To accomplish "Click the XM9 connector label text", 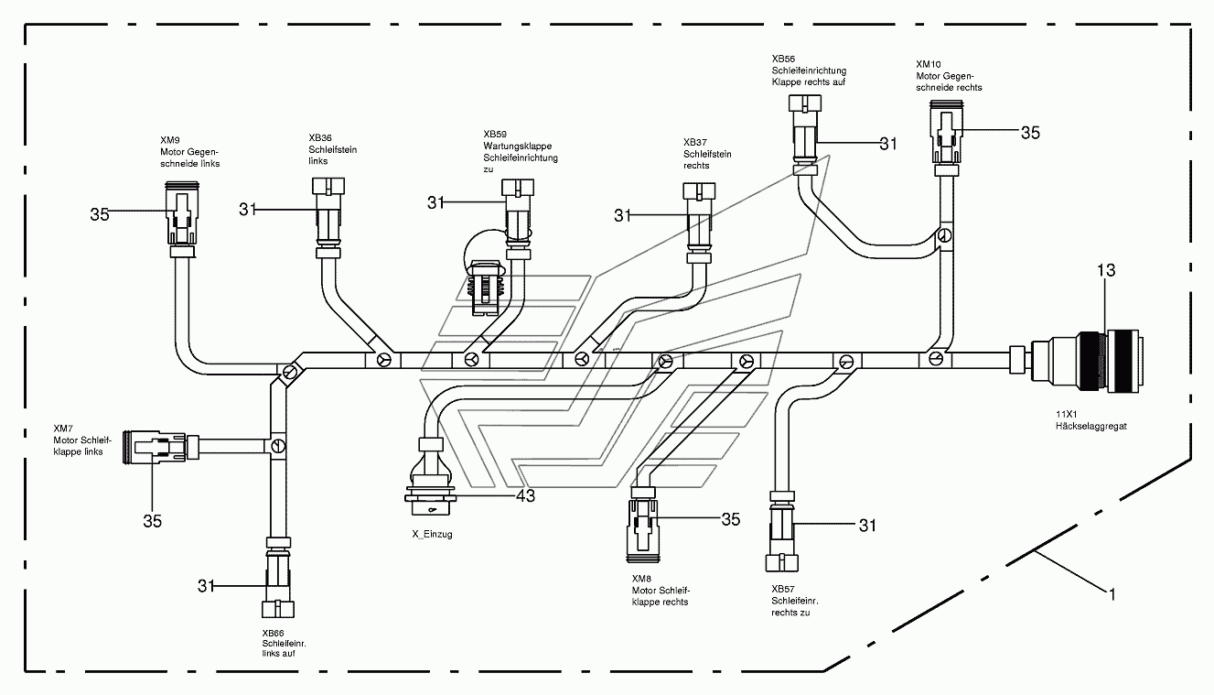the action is [x=189, y=152].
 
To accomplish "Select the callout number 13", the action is [x=1106, y=270].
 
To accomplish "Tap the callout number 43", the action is [x=525, y=496].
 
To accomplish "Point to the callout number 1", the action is [x=1112, y=595].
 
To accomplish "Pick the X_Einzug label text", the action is [x=432, y=534].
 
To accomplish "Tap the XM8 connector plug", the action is [x=643, y=525].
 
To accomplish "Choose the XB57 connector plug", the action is [x=781, y=531].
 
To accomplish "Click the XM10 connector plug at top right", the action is [x=947, y=137].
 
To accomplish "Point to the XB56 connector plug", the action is [x=805, y=136].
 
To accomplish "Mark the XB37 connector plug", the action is [x=699, y=223].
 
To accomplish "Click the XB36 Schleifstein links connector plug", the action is [x=328, y=218].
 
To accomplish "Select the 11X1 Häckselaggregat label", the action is [x=1090, y=420].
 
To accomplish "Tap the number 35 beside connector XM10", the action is [x=1030, y=133].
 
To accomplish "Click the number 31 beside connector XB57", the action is [x=867, y=526].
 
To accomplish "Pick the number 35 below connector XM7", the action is [x=152, y=521].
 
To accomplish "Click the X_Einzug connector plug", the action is [x=431, y=476].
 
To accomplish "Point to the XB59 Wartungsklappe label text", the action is [x=521, y=151].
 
